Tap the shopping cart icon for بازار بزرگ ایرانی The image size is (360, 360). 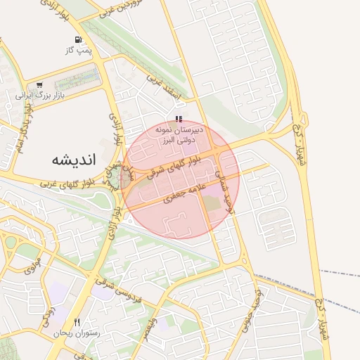pyautogui.click(x=39, y=84)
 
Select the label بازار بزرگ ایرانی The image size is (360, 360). pyautogui.click(x=39, y=94)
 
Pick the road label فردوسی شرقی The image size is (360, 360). pyautogui.click(x=126, y=300)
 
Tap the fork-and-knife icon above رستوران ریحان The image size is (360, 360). pyautogui.click(x=77, y=322)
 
